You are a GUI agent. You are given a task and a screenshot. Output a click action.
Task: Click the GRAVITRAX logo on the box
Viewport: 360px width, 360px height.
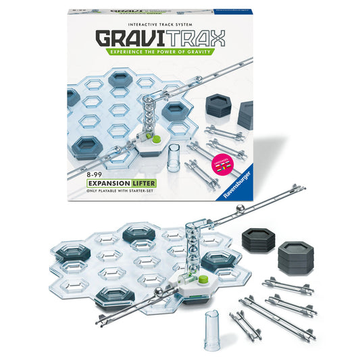pos(180,36)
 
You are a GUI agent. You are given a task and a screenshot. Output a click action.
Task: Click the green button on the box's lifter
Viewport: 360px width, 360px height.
pos(156,138)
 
